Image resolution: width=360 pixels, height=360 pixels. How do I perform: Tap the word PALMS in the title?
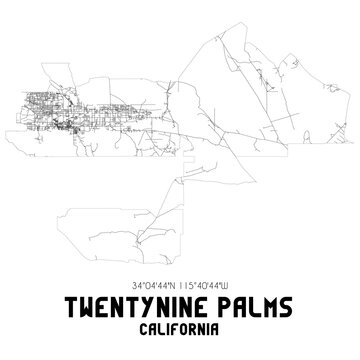(243, 303)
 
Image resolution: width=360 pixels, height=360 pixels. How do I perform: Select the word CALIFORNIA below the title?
(180, 325)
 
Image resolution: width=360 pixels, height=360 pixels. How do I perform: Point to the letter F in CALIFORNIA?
(172, 325)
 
